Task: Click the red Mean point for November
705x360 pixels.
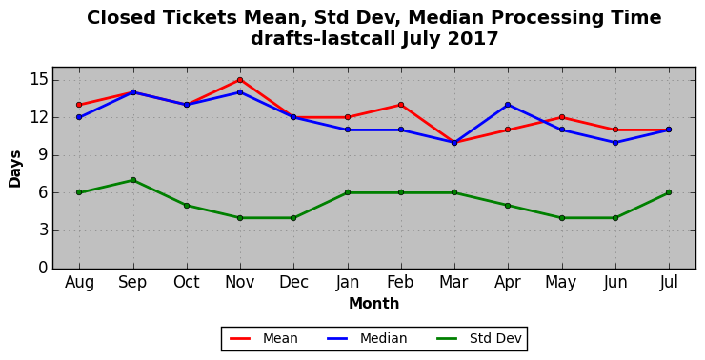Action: coord(240,80)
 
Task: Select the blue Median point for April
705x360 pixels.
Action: coord(508,105)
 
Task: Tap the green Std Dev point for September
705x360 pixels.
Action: coord(133,180)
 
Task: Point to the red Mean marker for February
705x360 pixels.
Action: coord(400,105)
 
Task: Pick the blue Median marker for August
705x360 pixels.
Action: coord(79,117)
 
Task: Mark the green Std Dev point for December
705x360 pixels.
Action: coord(293,218)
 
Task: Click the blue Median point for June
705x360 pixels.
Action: coord(615,143)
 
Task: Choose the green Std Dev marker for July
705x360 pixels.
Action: coord(669,192)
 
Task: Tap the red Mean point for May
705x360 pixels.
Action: coord(561,117)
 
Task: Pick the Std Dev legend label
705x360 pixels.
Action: coord(495,338)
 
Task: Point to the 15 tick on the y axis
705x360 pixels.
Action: coord(38,80)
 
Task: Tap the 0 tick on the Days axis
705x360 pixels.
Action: coord(43,268)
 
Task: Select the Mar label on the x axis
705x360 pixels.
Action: coord(454,282)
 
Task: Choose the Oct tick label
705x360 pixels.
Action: coord(186,282)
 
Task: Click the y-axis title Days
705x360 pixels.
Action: coord(15,169)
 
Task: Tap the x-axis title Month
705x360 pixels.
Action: coord(374,304)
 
